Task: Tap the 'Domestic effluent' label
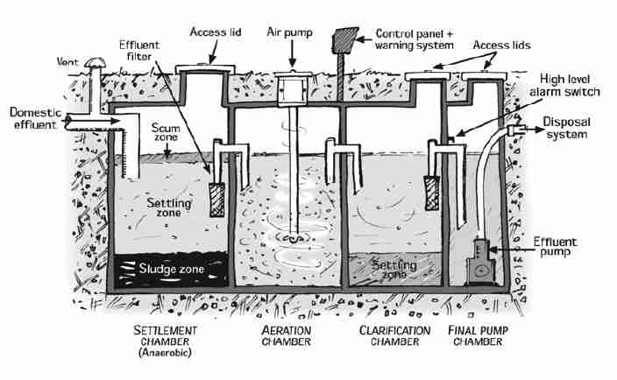33,118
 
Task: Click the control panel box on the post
344,39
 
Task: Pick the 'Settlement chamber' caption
166,336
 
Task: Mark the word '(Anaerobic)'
166,354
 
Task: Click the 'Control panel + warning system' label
415,38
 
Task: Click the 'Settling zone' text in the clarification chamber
391,268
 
